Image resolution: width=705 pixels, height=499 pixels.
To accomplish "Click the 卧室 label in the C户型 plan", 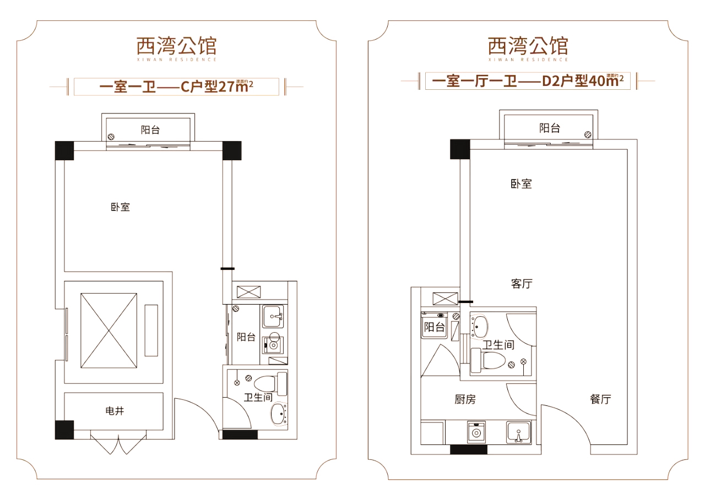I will (120, 208).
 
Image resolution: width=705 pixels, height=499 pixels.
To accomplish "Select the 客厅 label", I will (522, 284).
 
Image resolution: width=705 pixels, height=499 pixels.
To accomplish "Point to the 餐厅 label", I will (600, 400).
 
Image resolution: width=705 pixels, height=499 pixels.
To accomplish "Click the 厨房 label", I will (465, 400).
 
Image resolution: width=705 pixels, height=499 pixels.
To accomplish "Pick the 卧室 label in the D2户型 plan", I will (521, 184).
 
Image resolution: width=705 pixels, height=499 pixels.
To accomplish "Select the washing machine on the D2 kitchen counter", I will (475, 432).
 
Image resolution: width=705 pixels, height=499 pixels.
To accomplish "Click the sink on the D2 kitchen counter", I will (518, 432).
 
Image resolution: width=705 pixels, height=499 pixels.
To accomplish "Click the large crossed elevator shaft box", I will (109, 331).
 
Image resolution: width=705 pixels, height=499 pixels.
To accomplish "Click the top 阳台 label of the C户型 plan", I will (150, 130).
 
